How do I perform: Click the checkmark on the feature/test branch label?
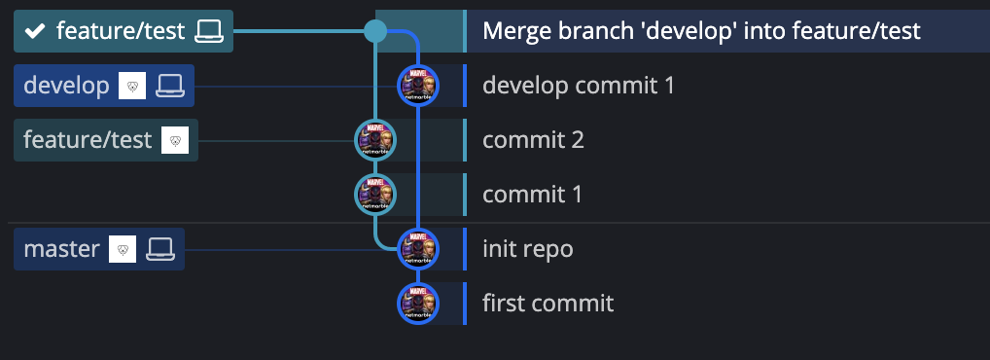pos(35,32)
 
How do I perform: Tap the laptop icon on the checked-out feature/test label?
pos(208,32)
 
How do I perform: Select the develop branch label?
pos(66,86)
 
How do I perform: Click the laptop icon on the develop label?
pos(169,86)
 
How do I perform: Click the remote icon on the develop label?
pos(132,86)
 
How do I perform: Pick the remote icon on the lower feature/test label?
pos(174,140)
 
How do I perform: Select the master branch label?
pos(61,249)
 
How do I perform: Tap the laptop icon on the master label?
pos(159,249)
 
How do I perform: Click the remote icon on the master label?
pos(123,249)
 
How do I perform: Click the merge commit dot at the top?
pos(375,31)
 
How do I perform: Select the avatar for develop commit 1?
pos(418,86)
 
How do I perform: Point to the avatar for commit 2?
pos(375,140)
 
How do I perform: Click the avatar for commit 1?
pos(375,195)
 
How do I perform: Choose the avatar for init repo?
pos(418,249)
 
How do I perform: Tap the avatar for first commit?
pos(418,304)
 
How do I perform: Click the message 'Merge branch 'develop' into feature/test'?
pos(700,31)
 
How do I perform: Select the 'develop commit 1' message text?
pos(578,86)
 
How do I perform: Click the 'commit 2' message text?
pos(533,140)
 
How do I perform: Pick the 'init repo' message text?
pos(527,249)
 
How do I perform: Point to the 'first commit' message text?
pos(548,304)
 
